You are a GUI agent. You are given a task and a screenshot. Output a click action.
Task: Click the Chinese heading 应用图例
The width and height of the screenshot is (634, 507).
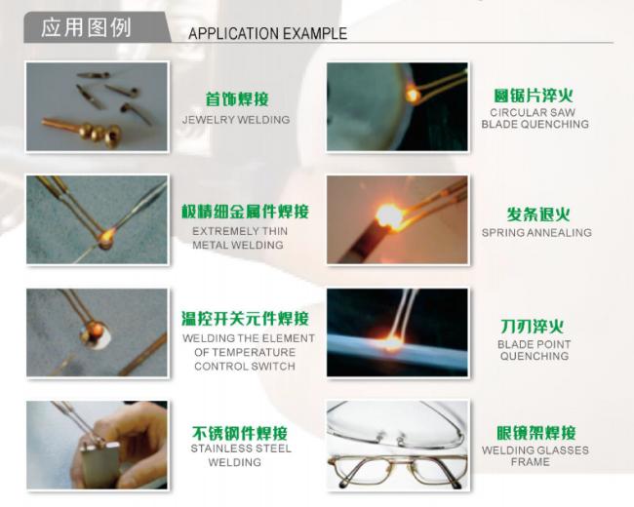coord(86,28)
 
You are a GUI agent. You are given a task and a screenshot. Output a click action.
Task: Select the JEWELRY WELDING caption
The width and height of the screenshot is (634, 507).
coord(236,120)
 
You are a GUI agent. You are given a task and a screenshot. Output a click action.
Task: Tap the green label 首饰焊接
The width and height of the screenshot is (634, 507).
coord(237,99)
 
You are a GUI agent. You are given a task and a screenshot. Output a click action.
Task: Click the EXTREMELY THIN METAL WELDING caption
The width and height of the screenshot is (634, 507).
coord(240,238)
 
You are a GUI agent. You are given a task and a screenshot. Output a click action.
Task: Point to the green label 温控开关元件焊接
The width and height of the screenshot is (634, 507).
coord(245,319)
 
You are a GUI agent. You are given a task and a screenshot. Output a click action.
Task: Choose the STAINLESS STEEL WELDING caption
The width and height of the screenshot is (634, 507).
coord(241,455)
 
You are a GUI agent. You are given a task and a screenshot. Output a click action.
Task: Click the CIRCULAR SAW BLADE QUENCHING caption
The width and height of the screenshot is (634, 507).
coord(535,118)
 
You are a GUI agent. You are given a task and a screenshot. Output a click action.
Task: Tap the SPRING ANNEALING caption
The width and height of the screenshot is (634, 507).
coord(536,232)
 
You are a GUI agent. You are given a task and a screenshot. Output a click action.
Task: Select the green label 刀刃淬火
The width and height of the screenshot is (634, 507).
coord(533,327)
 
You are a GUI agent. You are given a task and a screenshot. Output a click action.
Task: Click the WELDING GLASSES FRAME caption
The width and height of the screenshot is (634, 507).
coord(535,456)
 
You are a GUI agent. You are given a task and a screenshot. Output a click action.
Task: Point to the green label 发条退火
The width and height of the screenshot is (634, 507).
coord(538,214)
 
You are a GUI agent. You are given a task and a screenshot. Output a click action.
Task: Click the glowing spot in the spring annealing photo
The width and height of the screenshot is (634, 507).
coord(389,215)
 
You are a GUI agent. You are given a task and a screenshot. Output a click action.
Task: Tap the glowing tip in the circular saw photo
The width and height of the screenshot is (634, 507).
coord(413,96)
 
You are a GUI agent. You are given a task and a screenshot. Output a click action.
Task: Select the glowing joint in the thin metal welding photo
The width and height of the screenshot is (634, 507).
coord(106,238)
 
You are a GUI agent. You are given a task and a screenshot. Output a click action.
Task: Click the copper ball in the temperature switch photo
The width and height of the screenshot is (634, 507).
coord(97,330)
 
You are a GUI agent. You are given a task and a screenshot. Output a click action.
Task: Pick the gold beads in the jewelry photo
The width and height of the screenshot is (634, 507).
coord(99,133)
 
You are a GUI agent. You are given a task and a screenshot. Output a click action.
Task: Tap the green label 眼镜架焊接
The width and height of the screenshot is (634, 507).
coord(536,433)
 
